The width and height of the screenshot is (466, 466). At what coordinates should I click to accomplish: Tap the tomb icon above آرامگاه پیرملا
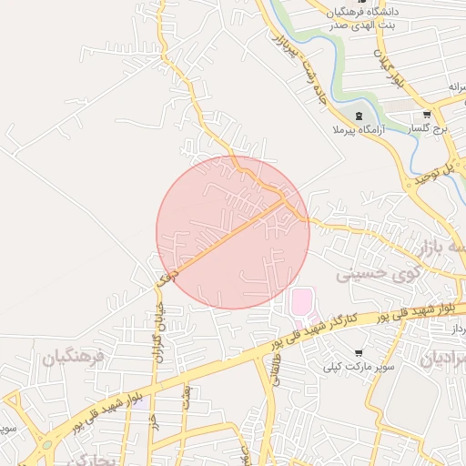(x=358, y=116)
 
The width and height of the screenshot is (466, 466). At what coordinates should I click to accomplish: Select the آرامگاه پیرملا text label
(x=359, y=130)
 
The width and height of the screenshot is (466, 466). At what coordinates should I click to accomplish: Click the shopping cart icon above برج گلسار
(x=427, y=116)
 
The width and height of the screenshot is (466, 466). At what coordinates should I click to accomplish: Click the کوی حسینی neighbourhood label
(x=379, y=271)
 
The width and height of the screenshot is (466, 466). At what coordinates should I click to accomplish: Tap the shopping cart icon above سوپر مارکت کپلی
(x=360, y=353)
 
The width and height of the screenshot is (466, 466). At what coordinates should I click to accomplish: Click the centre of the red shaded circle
(x=233, y=232)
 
